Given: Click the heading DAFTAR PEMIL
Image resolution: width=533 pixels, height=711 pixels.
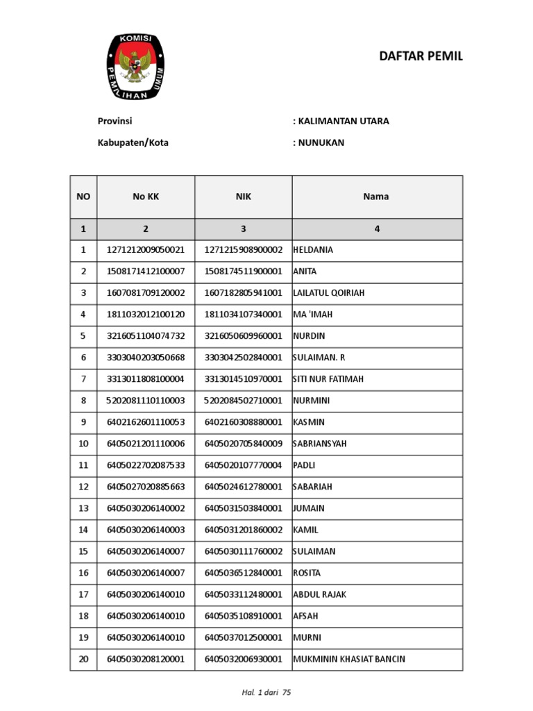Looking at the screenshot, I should point(421,57).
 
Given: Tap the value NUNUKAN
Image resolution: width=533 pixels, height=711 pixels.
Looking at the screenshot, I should point(321,143).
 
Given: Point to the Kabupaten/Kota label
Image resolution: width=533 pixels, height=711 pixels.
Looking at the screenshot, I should point(133,143).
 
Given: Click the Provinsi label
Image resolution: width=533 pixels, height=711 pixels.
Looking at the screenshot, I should point(115,121).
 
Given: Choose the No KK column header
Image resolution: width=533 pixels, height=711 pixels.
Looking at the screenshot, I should point(146,196).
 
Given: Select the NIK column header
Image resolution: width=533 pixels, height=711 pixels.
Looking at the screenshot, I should point(243,196).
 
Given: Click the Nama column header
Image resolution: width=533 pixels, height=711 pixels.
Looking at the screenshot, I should point(377,196).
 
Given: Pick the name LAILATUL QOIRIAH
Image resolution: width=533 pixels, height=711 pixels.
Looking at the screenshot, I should point(329,293).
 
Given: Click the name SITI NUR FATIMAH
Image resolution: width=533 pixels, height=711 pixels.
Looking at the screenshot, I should point(328,379).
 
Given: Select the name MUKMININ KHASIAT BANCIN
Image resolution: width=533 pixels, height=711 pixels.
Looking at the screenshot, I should point(349,659).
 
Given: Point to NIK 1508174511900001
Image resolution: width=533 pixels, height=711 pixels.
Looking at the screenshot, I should point(243,271).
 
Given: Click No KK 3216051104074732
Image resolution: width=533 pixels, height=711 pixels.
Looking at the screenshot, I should point(146,336).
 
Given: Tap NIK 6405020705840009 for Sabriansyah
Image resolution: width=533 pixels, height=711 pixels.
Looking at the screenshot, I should point(243,444).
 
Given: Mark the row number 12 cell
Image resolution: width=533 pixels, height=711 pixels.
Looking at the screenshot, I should point(83,487).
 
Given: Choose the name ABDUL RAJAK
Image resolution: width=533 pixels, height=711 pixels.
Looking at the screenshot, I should point(320,594).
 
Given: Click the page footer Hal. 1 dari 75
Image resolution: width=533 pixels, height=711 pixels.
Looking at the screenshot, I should point(266,693).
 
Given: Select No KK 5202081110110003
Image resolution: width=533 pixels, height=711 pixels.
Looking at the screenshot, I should point(146,401).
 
